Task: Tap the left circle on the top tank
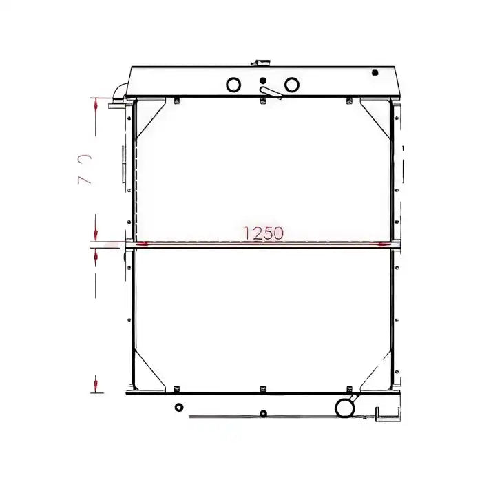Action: [234, 85]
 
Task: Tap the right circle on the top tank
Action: [291, 85]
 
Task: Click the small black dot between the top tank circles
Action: [262, 81]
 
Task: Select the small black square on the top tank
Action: [375, 72]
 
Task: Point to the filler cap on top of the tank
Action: [262, 62]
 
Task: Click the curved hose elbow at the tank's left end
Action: [119, 90]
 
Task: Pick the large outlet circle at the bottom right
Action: [344, 407]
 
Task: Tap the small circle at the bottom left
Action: [179, 407]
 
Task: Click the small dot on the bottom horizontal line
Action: [262, 414]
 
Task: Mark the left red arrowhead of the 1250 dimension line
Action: [142, 243]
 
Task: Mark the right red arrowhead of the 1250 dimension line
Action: [383, 243]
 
